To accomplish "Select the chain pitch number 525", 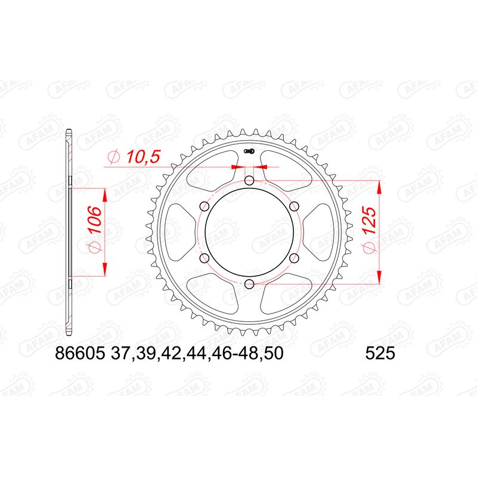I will coord(378,354).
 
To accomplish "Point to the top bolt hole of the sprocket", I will coord(249,181).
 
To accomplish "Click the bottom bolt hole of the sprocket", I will coord(249,283).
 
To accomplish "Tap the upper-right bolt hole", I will coord(294,206).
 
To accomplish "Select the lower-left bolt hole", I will coord(205,258).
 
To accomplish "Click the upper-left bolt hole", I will coord(205,206).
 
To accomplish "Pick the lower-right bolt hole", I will coord(294,258).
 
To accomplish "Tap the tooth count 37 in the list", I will coord(119,354).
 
